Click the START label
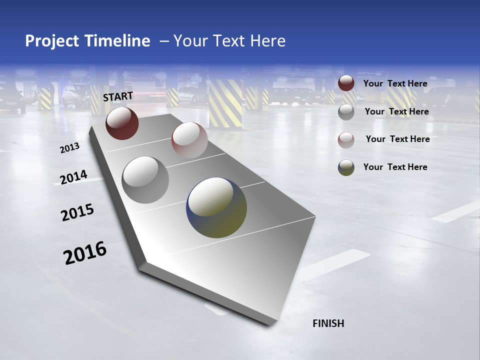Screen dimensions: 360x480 [x=118, y=96]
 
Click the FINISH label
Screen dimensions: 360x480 [x=328, y=323]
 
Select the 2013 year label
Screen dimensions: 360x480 [x=70, y=148]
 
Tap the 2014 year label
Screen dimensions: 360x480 [x=73, y=177]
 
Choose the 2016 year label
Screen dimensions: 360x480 [x=85, y=252]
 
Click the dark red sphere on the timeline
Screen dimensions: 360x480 [x=122, y=123]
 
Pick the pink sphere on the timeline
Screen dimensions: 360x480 [x=189, y=140]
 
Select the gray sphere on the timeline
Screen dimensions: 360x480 [x=145, y=180]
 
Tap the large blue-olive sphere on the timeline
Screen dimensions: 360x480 [x=216, y=207]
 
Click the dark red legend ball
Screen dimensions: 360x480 [x=346, y=83]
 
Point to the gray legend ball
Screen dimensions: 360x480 [x=346, y=112]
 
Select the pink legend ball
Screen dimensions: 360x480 [x=346, y=140]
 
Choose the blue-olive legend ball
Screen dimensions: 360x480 [x=346, y=168]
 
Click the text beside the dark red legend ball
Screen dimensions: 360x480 [x=395, y=83]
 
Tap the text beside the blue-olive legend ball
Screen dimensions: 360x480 [x=395, y=167]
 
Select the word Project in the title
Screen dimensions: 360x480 [x=51, y=41]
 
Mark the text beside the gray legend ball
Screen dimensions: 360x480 [x=396, y=111]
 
